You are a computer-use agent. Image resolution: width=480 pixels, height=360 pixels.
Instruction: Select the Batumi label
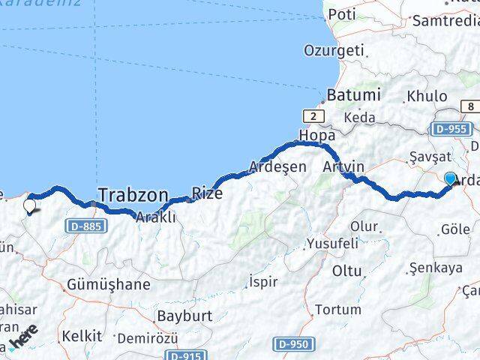[x=353, y=95]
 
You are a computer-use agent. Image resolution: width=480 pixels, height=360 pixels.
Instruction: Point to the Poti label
[x=341, y=14]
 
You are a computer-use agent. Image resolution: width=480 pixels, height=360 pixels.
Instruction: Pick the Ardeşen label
[x=277, y=166]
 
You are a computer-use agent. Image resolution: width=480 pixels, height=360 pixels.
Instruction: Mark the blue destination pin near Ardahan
[x=450, y=179]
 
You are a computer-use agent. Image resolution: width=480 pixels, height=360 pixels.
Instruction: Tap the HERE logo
[x=23, y=340]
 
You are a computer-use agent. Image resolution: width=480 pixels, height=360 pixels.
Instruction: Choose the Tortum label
[x=337, y=309]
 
